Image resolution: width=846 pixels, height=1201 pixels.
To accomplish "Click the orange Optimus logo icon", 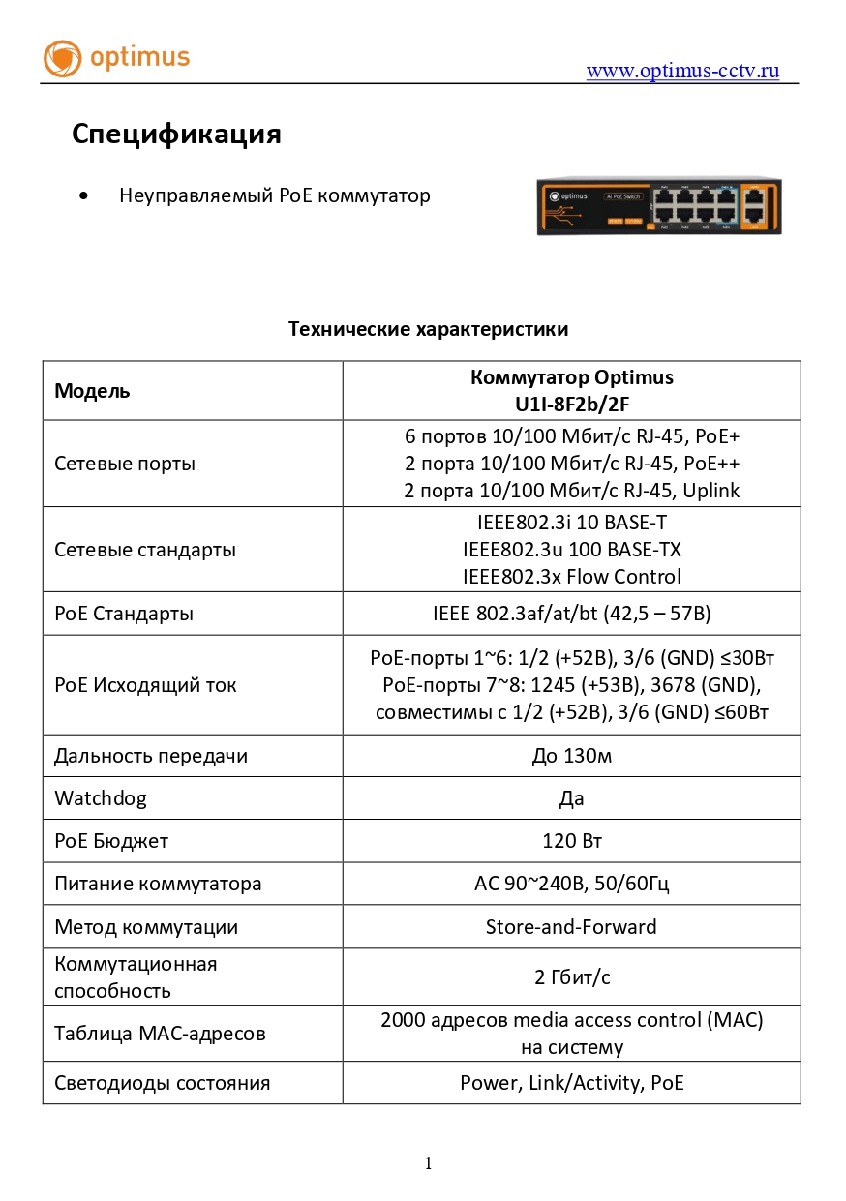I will pos(63,58).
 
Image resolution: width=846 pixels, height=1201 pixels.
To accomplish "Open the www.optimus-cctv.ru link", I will pos(682,71).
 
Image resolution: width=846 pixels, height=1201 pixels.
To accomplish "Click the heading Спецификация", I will pos(176,135).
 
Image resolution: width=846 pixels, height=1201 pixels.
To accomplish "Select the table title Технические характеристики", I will pos(428,329).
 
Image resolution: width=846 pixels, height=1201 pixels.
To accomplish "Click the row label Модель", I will pos(92,391).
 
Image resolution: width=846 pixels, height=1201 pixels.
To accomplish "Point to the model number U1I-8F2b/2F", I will pos(571,404).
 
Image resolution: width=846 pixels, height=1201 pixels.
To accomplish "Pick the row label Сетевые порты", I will pos(125,464).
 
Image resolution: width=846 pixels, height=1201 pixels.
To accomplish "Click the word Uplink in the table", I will pos(710,491).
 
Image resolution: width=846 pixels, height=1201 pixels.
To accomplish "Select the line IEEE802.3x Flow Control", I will pos(571,577).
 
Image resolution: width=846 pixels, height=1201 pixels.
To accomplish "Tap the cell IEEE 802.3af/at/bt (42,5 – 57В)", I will pos(571,614).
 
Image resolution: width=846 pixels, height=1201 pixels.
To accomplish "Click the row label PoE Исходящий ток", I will pos(145,685).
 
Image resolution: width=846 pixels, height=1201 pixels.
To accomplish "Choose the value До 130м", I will pos(571,756).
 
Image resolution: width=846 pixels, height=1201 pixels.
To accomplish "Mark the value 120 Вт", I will pos(571,841).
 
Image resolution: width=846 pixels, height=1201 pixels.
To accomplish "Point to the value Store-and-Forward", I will pos(571,927).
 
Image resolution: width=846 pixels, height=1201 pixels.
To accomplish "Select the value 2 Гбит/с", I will pos(571,977).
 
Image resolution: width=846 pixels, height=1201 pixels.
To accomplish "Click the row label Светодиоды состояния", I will pos(162,1083).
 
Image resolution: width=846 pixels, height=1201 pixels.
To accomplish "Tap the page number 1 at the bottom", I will pos(428,1164).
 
